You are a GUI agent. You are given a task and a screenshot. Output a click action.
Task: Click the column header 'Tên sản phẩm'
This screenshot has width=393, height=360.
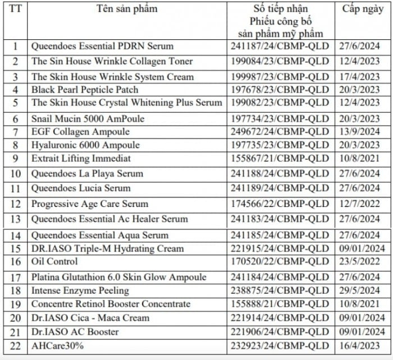tap(127, 9)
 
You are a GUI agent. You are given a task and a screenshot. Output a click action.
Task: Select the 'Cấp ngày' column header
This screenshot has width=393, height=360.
tap(363, 9)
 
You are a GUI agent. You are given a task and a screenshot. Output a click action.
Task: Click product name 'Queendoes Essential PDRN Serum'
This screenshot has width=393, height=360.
tap(102, 46)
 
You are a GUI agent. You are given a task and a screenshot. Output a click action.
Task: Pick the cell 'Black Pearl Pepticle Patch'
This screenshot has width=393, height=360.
tap(85, 90)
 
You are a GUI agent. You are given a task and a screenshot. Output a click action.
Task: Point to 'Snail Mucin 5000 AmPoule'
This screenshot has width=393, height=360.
tap(88, 119)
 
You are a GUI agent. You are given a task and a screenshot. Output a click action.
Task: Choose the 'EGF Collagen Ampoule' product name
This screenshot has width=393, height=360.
tap(80, 132)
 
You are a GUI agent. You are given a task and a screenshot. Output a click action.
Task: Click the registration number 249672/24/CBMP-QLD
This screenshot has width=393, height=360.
tap(280, 132)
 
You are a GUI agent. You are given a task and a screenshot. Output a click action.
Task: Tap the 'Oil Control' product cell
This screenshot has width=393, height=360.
tap(54, 261)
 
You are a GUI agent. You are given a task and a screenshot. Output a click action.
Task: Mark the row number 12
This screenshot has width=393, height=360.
tap(16, 204)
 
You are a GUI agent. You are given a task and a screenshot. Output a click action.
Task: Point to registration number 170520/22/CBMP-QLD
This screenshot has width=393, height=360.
tap(280, 261)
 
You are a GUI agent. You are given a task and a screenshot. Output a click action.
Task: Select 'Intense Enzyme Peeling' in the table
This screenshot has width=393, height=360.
tap(80, 290)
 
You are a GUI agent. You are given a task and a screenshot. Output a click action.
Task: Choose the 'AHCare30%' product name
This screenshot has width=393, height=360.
tap(57, 346)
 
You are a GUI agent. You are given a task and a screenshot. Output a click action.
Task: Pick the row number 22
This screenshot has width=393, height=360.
tap(16, 346)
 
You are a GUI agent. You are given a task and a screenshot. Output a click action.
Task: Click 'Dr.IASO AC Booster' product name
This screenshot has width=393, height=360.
tap(75, 332)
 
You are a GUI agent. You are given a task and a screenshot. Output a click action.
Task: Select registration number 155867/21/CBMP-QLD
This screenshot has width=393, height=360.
tap(280, 159)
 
